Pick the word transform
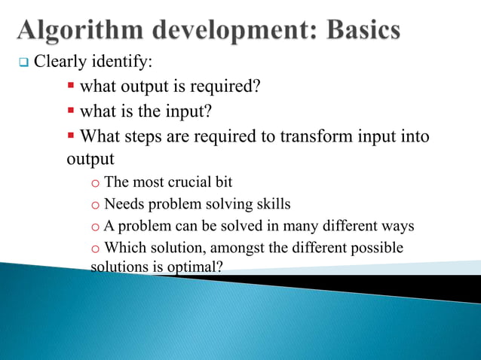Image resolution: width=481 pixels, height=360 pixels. click(315, 137)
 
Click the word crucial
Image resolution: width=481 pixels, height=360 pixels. click(186, 182)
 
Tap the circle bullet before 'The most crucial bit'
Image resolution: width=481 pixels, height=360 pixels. click(96, 183)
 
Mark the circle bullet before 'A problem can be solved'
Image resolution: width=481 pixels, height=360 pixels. click(96, 227)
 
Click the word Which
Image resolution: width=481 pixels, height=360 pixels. click(124, 248)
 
